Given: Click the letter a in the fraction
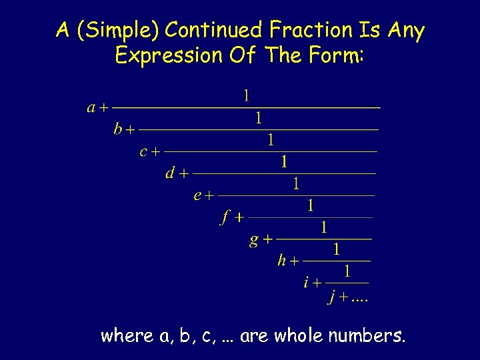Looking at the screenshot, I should pyautogui.click(x=91, y=107).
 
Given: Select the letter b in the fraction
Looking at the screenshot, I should pyautogui.click(x=118, y=129).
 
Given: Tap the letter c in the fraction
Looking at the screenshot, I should pyautogui.click(x=143, y=151).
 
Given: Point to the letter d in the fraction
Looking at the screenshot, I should pyautogui.click(x=171, y=173).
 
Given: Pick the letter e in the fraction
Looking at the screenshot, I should pyautogui.click(x=197, y=195).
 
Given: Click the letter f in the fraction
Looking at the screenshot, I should pyautogui.click(x=226, y=217).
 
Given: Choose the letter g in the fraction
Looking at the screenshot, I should pyautogui.click(x=254, y=239).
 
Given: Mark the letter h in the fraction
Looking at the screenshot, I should pyautogui.click(x=282, y=261).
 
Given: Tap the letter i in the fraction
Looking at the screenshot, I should pyautogui.click(x=306, y=283).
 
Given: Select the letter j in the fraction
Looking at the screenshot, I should pyautogui.click(x=332, y=297).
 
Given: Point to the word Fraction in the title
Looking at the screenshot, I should pyautogui.click(x=311, y=30).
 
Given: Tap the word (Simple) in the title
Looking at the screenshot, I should pyautogui.click(x=118, y=31).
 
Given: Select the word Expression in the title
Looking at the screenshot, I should pyautogui.click(x=167, y=56).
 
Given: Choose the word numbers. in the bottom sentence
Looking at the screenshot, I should pyautogui.click(x=367, y=335).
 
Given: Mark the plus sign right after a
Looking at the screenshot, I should pyautogui.click(x=105, y=107).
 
